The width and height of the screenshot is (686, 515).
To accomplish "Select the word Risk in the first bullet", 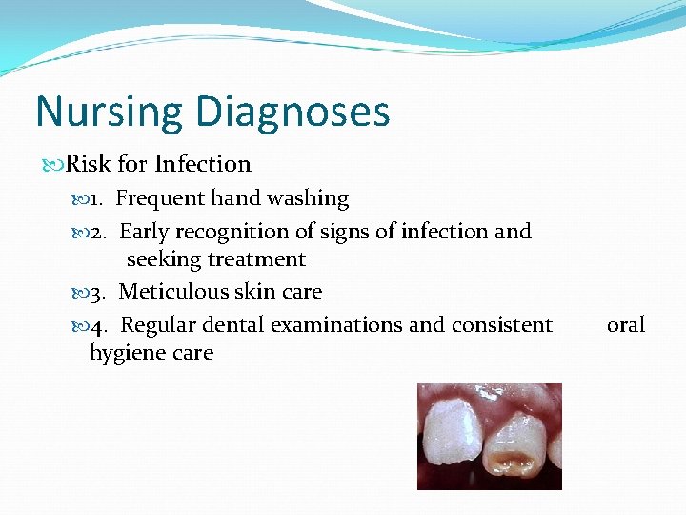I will pyautogui.click(x=89, y=164).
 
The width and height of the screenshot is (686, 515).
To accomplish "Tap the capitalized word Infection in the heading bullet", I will pyautogui.click(x=202, y=164).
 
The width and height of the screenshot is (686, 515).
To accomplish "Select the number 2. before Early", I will pyautogui.click(x=102, y=231).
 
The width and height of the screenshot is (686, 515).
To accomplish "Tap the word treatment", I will pyautogui.click(x=259, y=259).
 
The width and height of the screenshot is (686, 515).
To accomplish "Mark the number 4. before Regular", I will pyautogui.click(x=103, y=325).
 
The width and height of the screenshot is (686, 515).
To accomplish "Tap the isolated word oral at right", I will pyautogui.click(x=626, y=325).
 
